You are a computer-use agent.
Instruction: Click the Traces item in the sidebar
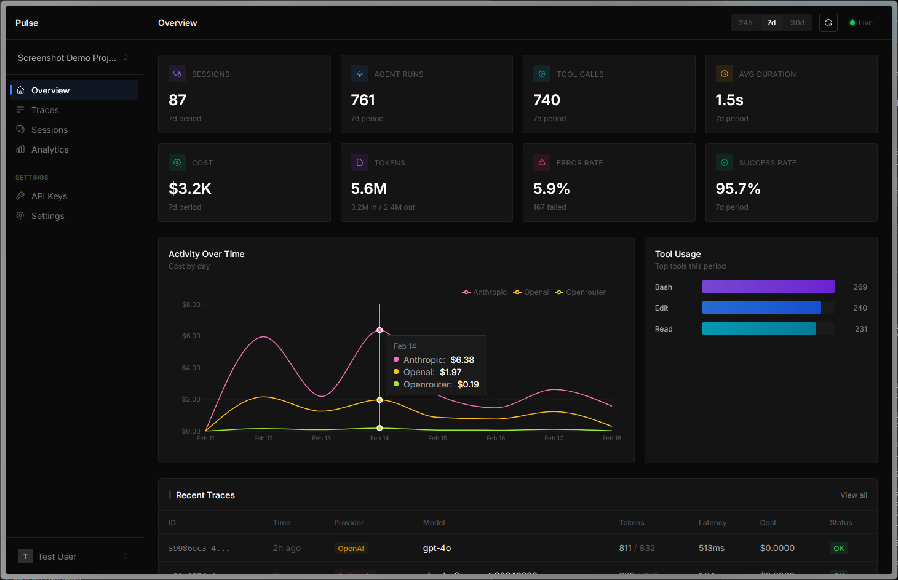[45, 110]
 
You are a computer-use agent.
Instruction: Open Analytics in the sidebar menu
[50, 149]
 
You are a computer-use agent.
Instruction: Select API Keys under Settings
[49, 196]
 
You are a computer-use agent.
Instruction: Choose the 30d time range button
[797, 23]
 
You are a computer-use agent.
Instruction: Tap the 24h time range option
[745, 23]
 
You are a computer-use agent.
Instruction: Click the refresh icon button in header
[828, 23]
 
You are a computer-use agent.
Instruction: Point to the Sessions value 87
[178, 100]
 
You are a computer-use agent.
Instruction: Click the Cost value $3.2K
[190, 188]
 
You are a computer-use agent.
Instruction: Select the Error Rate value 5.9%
[551, 188]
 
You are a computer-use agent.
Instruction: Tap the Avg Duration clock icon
[725, 74]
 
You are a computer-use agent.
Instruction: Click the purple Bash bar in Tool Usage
[768, 287]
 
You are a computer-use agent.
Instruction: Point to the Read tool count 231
[860, 329]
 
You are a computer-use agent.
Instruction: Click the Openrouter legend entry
[581, 292]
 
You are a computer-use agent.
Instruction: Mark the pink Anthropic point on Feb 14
[379, 330]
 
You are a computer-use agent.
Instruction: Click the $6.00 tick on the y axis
[191, 336]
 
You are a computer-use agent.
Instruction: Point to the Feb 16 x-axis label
[496, 439]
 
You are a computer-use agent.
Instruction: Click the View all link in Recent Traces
[854, 495]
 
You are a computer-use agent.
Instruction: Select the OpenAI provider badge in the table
[351, 549]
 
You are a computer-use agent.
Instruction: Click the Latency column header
[712, 523]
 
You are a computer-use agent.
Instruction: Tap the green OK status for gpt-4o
[838, 549]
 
